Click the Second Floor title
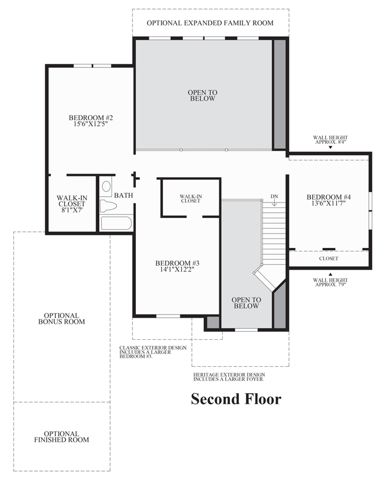tap(236, 399)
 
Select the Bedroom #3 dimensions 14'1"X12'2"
tap(177, 270)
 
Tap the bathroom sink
tap(106, 186)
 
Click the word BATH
tap(124, 195)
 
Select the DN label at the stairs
tap(274, 196)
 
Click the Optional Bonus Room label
tap(61, 318)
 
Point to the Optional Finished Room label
tap(61, 437)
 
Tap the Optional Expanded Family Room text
tap(210, 23)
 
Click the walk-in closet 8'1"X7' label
tap(71, 204)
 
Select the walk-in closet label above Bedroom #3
tap(190, 198)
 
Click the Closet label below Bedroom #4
tap(328, 258)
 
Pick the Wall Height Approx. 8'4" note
tap(331, 139)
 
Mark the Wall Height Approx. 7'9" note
tap(331, 282)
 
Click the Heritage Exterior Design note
tap(229, 377)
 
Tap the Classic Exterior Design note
tap(153, 352)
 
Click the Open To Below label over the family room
tap(202, 95)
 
